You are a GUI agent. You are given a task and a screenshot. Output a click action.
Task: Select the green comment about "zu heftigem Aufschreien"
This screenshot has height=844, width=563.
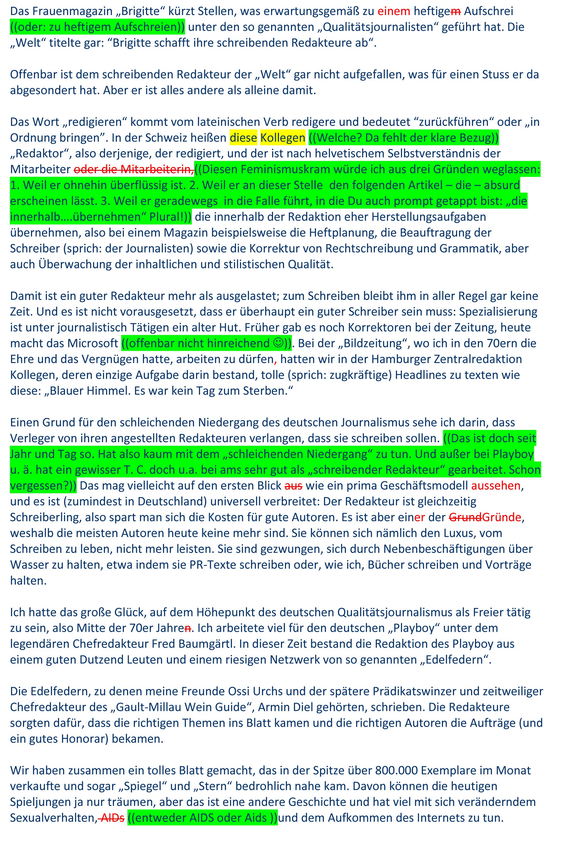(x=97, y=27)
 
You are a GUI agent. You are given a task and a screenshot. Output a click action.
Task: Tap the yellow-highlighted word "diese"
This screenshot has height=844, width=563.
(x=243, y=138)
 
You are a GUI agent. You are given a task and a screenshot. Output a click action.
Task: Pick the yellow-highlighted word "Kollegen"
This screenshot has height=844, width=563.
(x=283, y=138)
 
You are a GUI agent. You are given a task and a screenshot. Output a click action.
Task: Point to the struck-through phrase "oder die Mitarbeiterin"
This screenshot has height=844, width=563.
(x=134, y=169)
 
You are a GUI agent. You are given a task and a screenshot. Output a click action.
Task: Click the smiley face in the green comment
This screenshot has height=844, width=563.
(x=278, y=343)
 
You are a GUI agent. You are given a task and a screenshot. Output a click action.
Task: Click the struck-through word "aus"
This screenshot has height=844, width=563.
(x=293, y=486)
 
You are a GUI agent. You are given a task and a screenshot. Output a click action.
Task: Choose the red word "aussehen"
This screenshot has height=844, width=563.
(x=495, y=486)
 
